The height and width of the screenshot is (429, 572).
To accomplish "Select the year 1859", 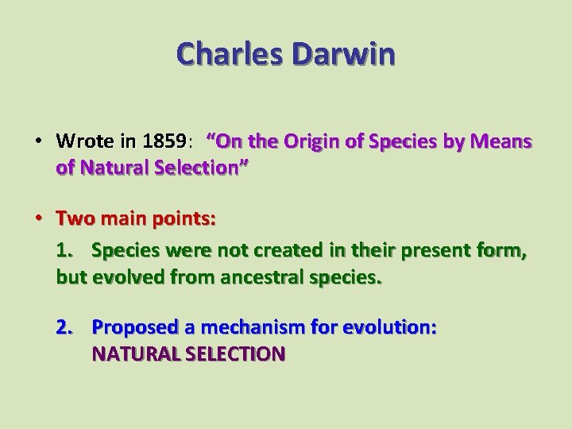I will (166, 141).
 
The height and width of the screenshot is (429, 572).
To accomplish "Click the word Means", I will (504, 141).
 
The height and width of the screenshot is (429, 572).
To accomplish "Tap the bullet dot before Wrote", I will (39, 141).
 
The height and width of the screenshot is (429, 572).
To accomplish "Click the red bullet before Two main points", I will (39, 218).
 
